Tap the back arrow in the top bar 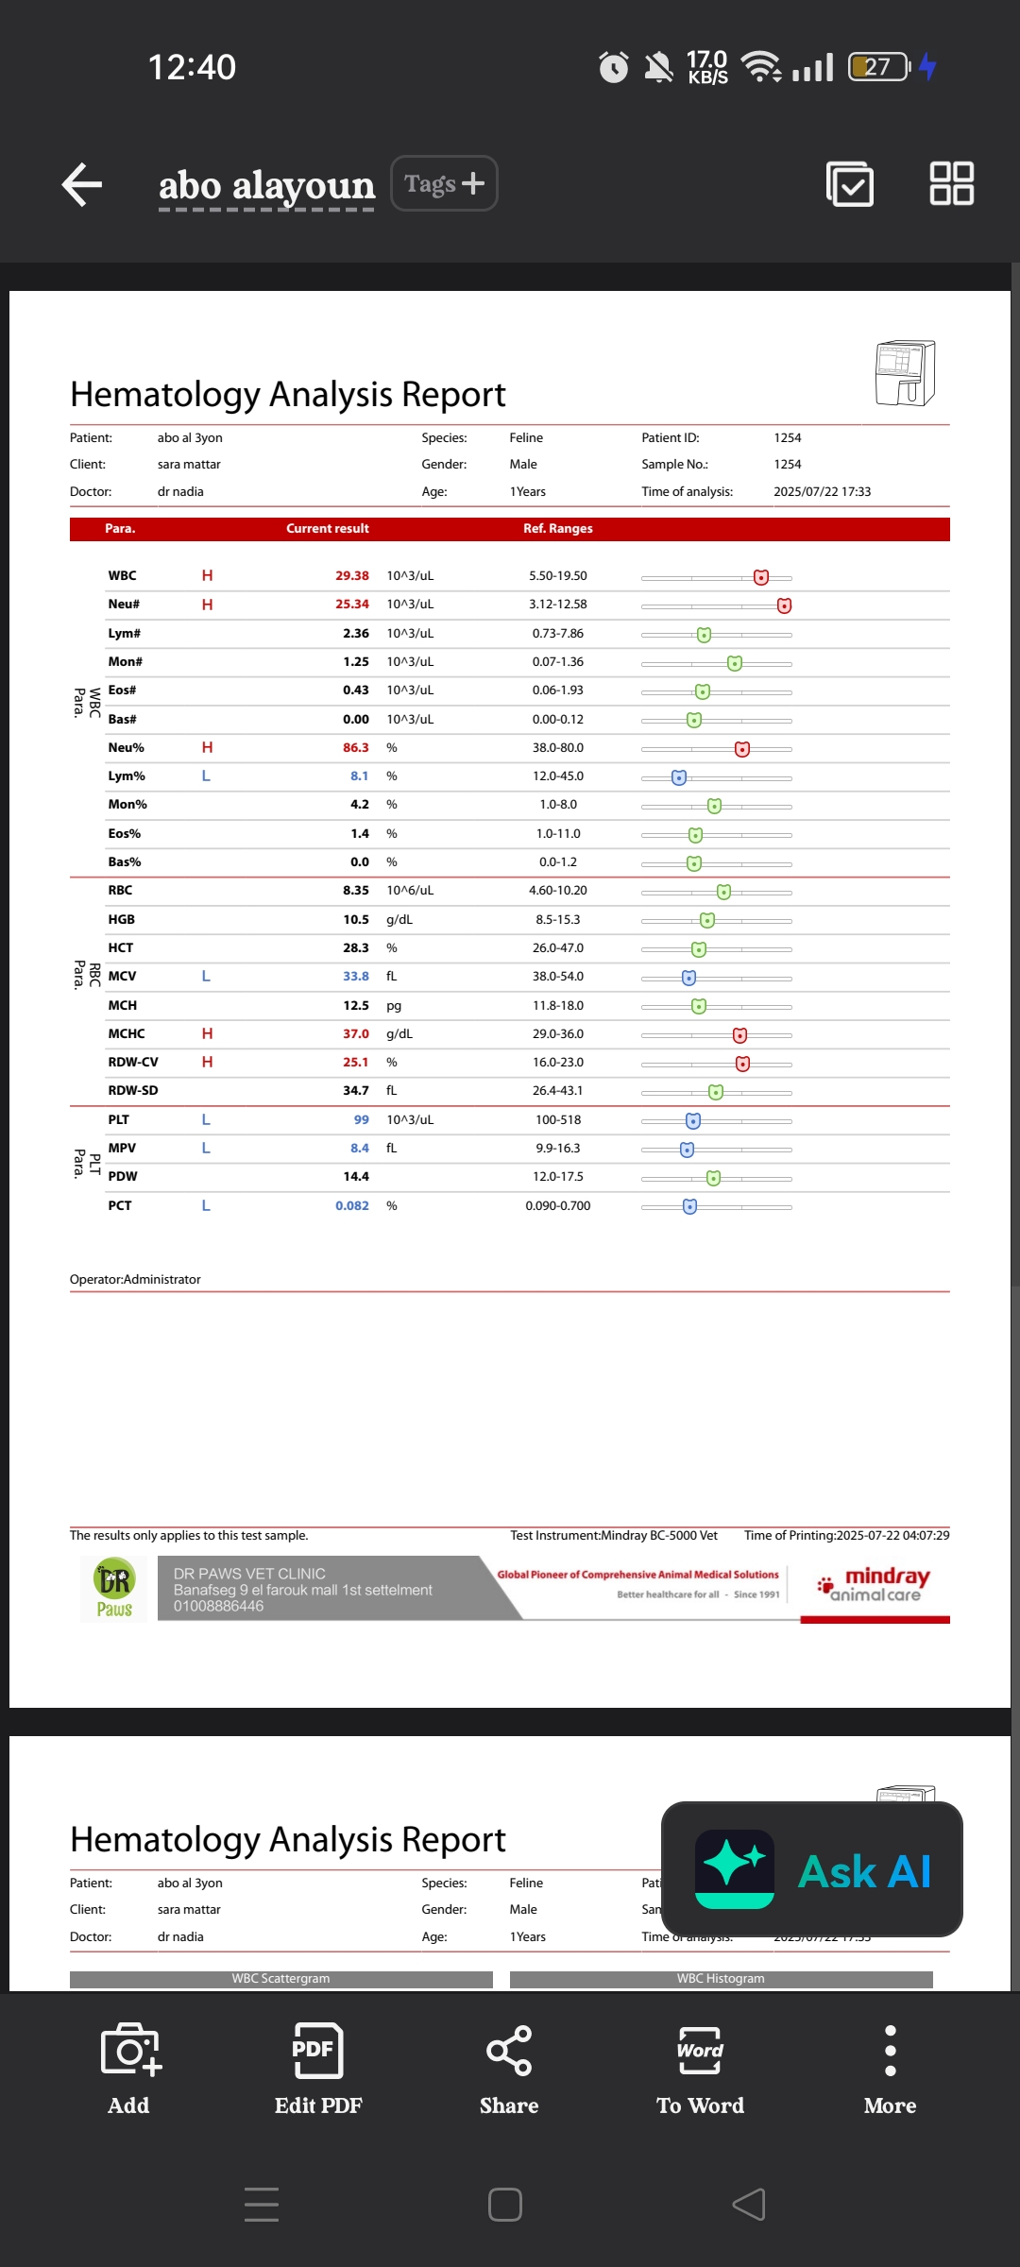click(82, 184)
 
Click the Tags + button click(444, 183)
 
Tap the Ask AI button click(812, 1870)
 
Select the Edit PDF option click(318, 2069)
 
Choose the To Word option click(700, 2069)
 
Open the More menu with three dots click(890, 2069)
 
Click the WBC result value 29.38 click(352, 576)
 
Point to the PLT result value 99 click(362, 1120)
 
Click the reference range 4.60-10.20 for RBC click(558, 891)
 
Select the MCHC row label click(127, 1034)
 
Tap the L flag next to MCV click(206, 977)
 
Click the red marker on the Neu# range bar click(784, 605)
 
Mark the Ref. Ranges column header click(558, 529)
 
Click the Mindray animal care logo click(875, 1586)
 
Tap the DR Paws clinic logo click(114, 1589)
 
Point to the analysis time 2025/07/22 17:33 click(822, 492)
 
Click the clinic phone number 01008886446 click(218, 1607)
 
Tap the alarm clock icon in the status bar click(614, 67)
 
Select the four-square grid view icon click(951, 183)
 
